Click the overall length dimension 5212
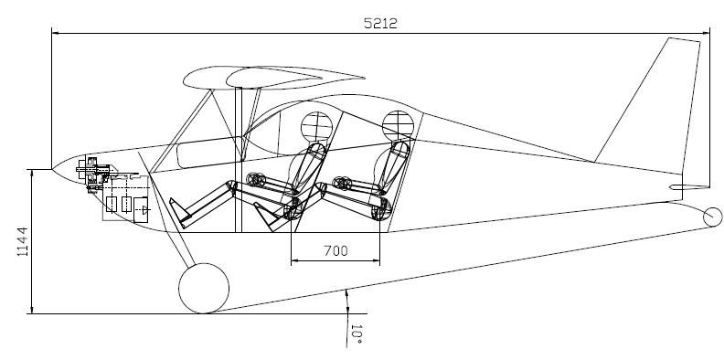[x=380, y=23]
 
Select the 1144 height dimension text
[x=22, y=241]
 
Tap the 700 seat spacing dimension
[x=335, y=250]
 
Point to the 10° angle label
[x=356, y=334]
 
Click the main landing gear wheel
[x=204, y=289]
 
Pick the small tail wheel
[x=712, y=217]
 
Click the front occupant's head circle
[x=316, y=127]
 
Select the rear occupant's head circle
[x=398, y=125]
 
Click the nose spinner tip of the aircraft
[x=53, y=169]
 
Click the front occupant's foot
[x=179, y=213]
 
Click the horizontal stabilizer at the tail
[x=689, y=187]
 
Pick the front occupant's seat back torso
[x=310, y=167]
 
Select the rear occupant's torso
[x=392, y=167]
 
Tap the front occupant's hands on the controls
[x=255, y=179]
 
